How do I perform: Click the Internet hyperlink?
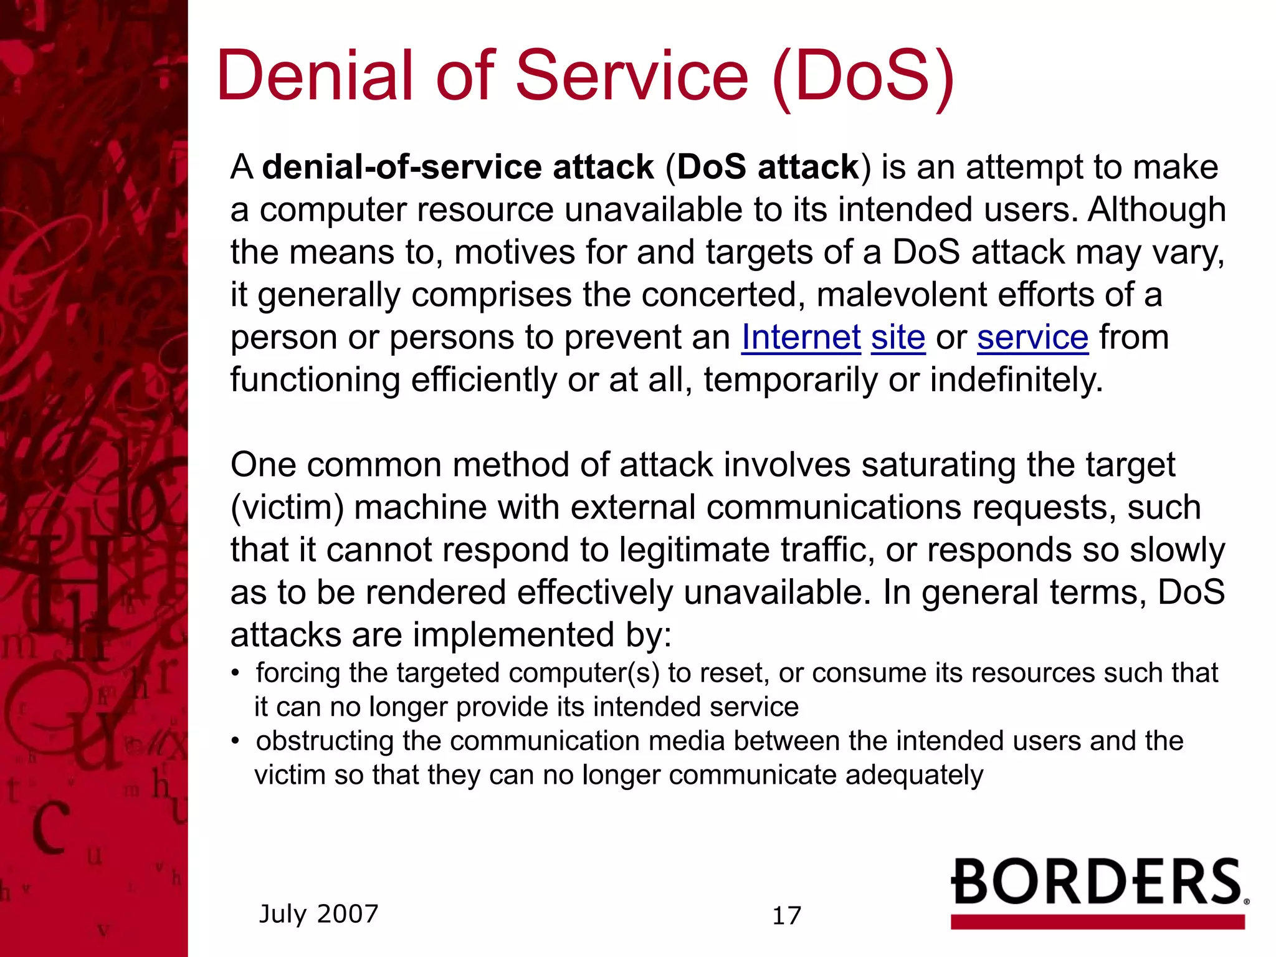(801, 338)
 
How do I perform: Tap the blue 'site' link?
(898, 338)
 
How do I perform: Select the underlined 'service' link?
(1032, 338)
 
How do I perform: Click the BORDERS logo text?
(1097, 882)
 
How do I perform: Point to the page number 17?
(786, 916)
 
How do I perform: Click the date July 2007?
(318, 914)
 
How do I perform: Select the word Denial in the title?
(315, 76)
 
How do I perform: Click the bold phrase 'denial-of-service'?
(402, 168)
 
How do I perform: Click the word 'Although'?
(1156, 210)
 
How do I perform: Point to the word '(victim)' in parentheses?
(287, 508)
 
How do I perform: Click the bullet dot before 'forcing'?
(235, 674)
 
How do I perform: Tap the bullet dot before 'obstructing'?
(235, 741)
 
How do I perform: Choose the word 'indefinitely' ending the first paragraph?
(1016, 380)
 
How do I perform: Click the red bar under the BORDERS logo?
(1097, 922)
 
